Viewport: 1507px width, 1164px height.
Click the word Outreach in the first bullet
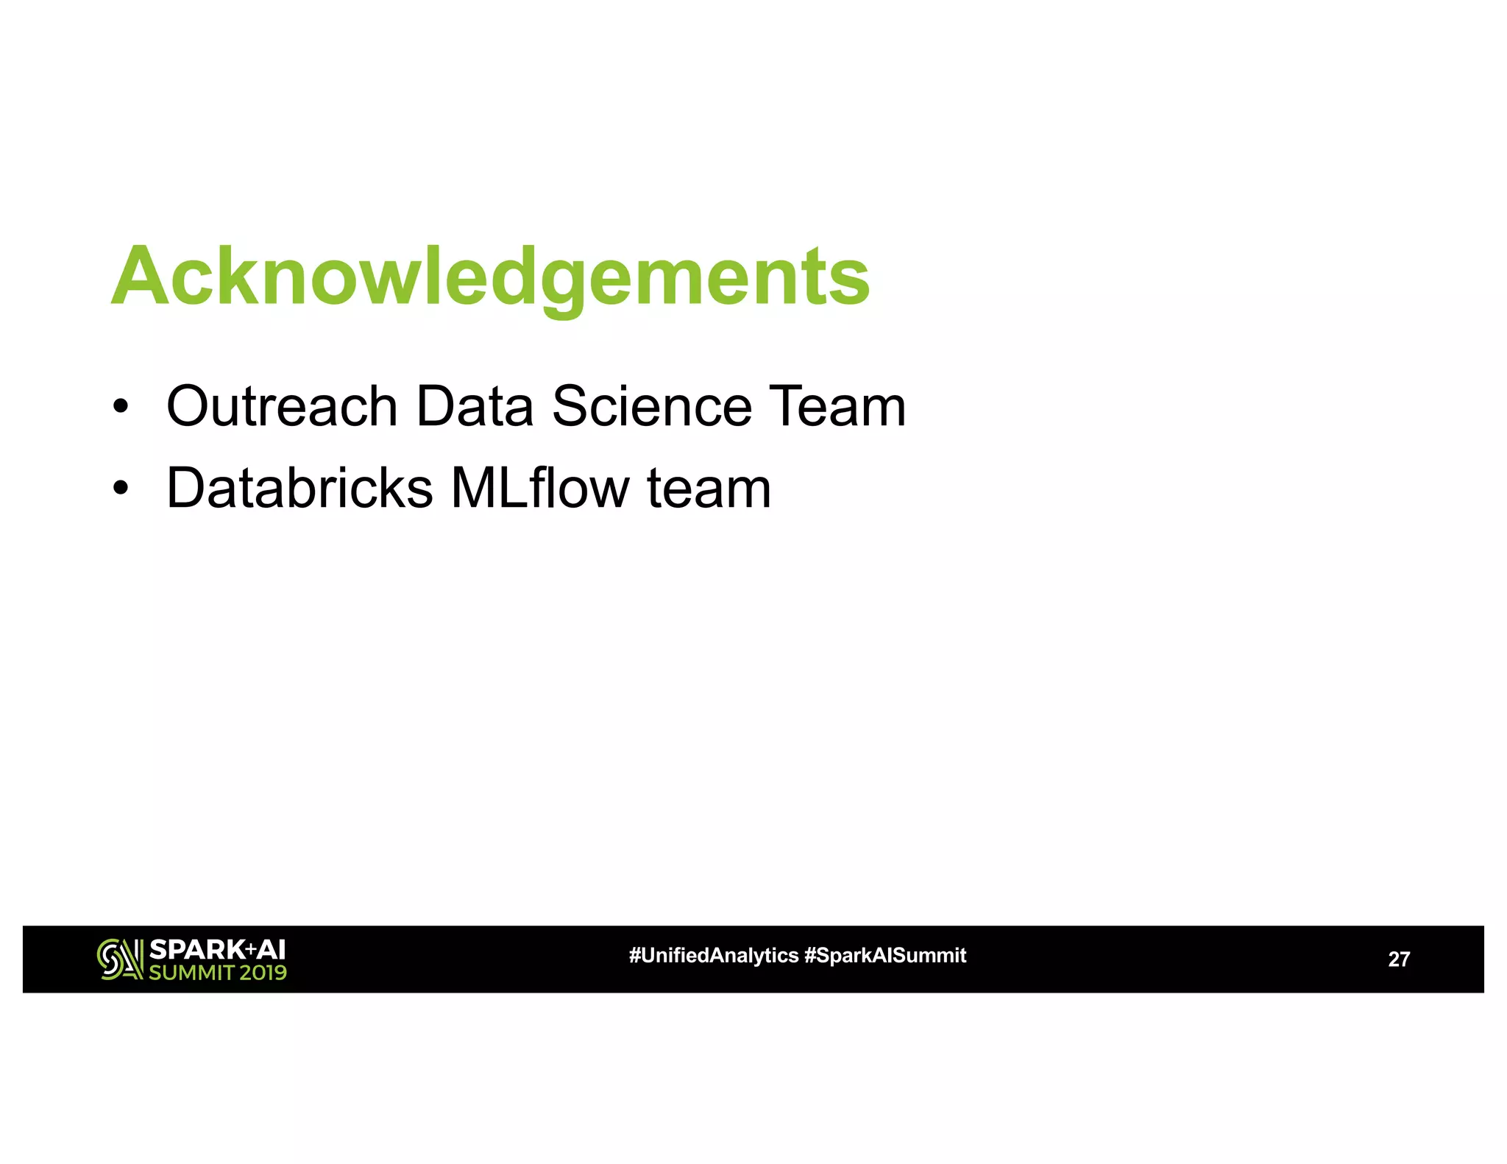(x=282, y=406)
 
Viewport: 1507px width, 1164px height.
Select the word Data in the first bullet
(x=475, y=406)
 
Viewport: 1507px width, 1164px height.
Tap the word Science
(x=652, y=406)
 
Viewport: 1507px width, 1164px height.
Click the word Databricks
(x=299, y=488)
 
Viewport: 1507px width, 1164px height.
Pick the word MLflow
(x=540, y=488)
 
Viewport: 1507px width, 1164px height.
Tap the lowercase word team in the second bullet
(x=709, y=489)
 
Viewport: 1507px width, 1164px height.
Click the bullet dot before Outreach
(x=121, y=406)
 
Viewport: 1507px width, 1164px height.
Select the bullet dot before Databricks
(x=121, y=488)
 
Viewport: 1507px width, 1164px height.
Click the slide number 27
(x=1398, y=959)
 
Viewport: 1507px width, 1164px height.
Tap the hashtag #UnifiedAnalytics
(x=713, y=956)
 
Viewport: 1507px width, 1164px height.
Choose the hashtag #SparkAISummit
(x=885, y=956)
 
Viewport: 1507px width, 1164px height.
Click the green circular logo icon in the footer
(x=119, y=959)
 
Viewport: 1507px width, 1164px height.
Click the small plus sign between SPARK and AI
(x=250, y=949)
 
